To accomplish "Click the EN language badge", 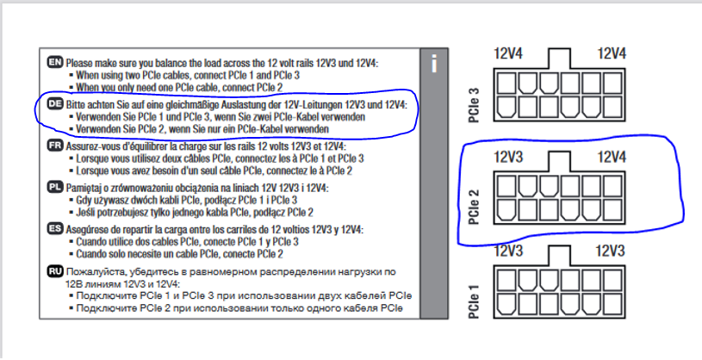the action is click(55, 63).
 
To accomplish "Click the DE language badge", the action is click(55, 104).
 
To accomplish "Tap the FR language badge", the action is click(55, 146).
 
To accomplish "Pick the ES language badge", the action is click(55, 229).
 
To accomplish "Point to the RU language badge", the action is click(55, 271).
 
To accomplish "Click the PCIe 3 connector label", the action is click(476, 96).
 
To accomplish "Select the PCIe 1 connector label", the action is click(476, 301).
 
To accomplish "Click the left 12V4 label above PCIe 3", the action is click(509, 53).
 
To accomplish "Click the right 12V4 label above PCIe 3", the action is click(612, 53).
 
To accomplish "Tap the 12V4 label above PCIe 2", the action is click(612, 158).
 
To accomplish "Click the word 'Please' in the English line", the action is click(84, 63).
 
